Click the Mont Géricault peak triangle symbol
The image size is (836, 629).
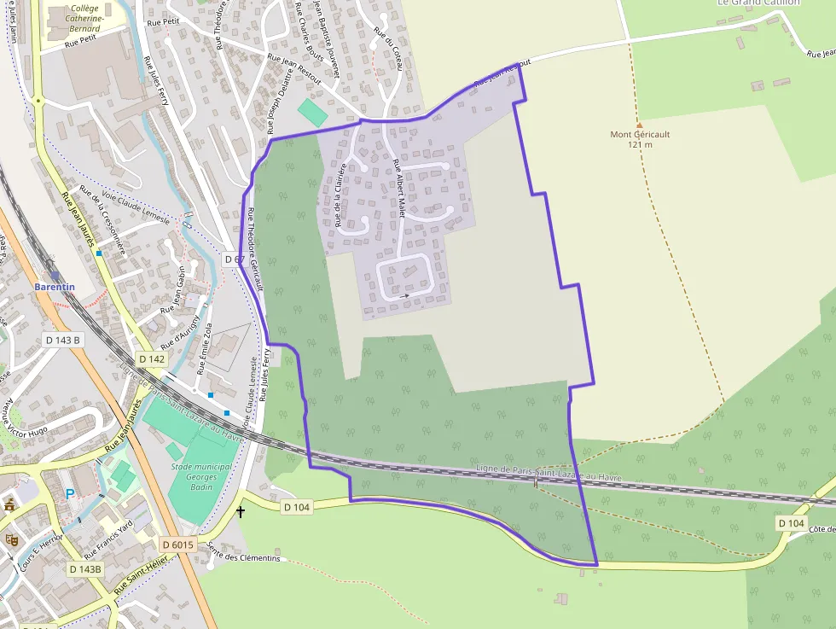pos(639,124)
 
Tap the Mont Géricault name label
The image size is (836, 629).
pos(640,135)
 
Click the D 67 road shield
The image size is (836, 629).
pos(235,258)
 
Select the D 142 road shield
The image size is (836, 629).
pos(151,359)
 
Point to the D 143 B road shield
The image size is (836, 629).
pos(62,340)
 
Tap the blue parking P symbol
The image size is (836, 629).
pos(69,494)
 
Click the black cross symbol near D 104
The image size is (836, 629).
pos(241,512)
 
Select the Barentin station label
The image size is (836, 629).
pos(55,288)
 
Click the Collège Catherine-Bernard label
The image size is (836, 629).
pos(85,18)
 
